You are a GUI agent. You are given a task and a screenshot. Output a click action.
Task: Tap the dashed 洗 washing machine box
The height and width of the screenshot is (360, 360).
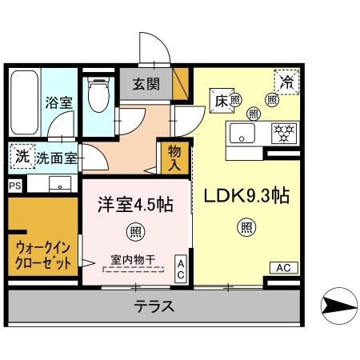pyautogui.click(x=20, y=155)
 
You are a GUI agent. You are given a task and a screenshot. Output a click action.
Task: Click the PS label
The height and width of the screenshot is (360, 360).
pyautogui.click(x=14, y=185)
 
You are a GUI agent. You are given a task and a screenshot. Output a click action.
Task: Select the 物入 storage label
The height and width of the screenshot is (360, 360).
pyautogui.click(x=174, y=157)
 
